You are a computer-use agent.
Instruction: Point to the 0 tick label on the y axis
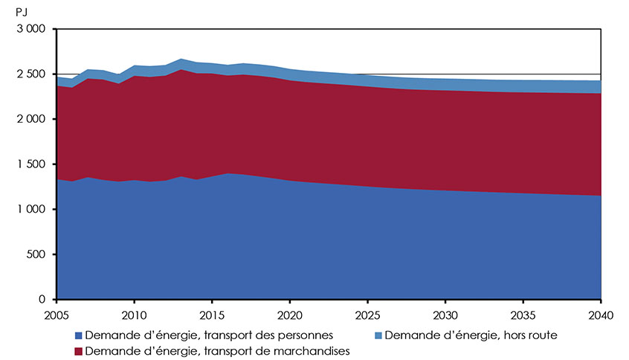click(x=43, y=300)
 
